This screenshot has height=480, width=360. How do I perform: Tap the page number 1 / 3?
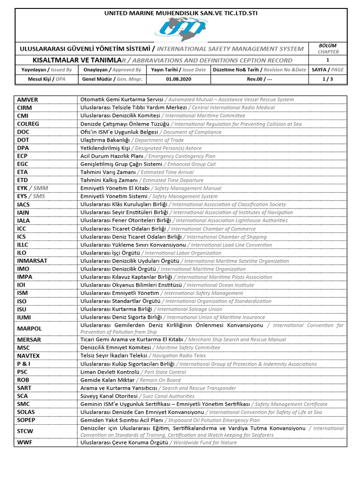click(328, 79)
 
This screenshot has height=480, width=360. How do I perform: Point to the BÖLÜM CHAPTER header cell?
click(328, 48)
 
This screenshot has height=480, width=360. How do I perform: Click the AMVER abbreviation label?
click(28, 99)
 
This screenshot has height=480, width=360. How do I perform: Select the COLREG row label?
click(29, 124)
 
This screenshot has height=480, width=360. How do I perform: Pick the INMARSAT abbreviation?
click(32, 261)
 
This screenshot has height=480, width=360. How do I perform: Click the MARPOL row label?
click(30, 329)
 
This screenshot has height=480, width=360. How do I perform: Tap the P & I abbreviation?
click(24, 364)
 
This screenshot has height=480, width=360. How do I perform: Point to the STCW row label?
click(26, 431)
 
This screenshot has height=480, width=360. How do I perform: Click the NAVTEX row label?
click(29, 356)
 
